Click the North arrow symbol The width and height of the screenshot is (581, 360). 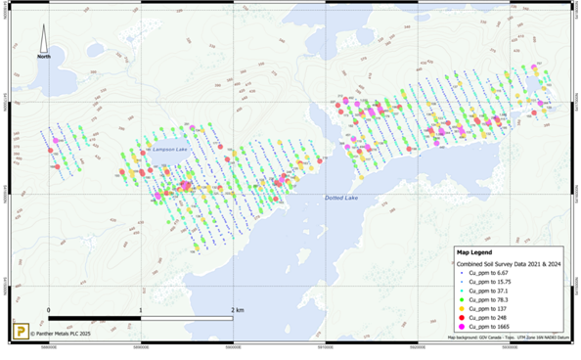[44, 39]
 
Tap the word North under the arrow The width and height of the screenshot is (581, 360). [44, 57]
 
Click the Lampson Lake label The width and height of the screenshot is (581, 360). [168, 149]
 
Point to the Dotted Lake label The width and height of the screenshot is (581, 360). [340, 199]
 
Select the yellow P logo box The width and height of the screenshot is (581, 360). [19, 332]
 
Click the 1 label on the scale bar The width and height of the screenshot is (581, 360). [142, 310]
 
